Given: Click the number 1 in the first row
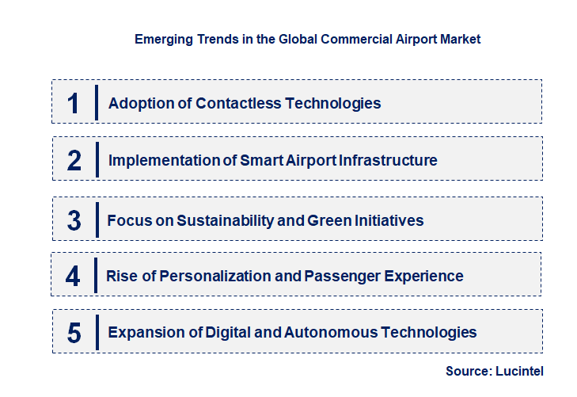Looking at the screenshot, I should point(74,103).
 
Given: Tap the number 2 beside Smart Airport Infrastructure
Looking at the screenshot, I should point(74,160).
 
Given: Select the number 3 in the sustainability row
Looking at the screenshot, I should point(74,220).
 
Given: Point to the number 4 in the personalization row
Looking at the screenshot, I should point(73,276).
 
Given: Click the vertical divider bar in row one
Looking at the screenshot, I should point(96,102).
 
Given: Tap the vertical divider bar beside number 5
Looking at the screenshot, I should point(96,332).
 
